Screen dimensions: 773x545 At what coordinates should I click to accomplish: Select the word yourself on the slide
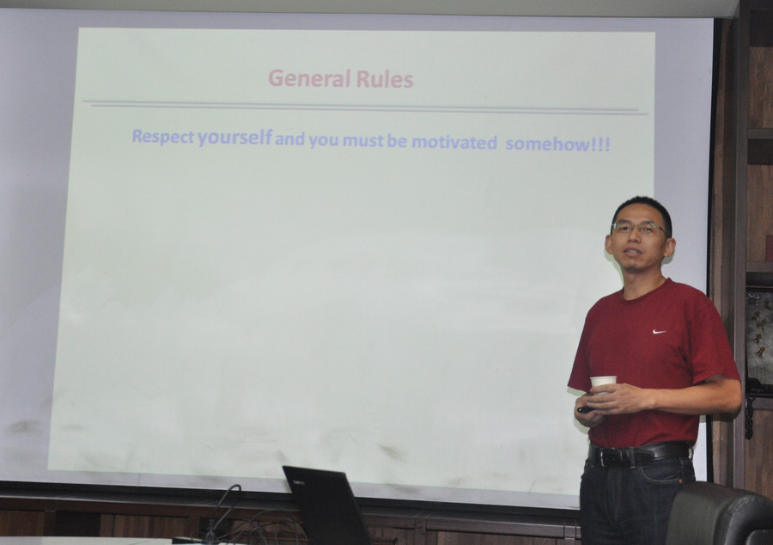[x=234, y=138]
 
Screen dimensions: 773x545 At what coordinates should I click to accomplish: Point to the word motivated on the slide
[x=454, y=143]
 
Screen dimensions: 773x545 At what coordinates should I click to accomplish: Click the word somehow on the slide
[x=547, y=144]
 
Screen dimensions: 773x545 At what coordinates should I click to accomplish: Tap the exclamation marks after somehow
[x=600, y=144]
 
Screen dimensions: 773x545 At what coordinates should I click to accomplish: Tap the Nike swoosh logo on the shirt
[x=659, y=332]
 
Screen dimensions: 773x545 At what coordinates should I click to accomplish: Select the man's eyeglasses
[x=641, y=228]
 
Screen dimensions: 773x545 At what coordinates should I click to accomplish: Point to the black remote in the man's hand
[x=586, y=409]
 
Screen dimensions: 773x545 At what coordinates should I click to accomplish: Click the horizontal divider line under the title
[x=365, y=108]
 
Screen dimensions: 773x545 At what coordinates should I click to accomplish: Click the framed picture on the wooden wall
[x=759, y=340]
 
